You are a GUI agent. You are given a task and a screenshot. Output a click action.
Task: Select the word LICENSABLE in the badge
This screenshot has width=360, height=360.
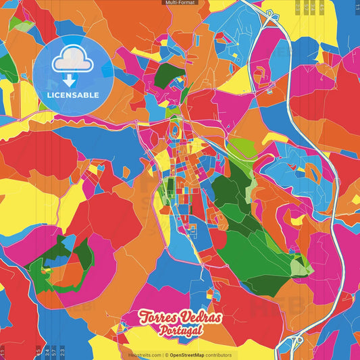(x=72, y=94)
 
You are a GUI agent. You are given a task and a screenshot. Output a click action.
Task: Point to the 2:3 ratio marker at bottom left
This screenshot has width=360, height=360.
(x=62, y=351)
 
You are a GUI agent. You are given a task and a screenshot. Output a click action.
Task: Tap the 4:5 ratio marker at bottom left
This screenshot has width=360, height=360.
(x=37, y=351)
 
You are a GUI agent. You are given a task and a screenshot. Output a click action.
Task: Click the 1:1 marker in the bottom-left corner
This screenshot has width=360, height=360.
(x=2, y=351)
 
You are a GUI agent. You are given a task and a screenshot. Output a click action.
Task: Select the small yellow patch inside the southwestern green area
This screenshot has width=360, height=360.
(x=47, y=270)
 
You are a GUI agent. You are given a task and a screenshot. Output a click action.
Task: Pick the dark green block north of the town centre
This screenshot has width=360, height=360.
(x=164, y=76)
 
